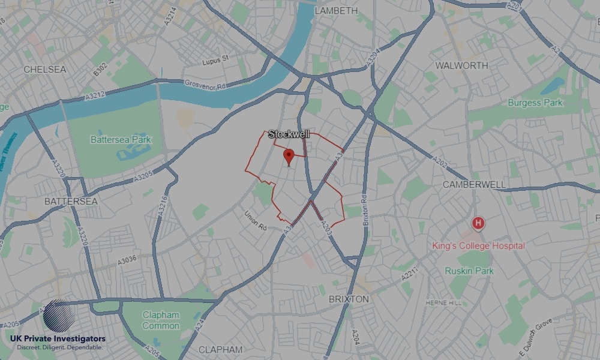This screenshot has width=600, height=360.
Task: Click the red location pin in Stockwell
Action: pos(289,157)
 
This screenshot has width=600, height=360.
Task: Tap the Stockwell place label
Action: pos(289,134)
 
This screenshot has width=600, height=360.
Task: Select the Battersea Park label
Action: pos(121,140)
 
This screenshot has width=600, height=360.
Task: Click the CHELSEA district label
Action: pos(45,70)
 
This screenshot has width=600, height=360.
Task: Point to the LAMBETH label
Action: pos(336,11)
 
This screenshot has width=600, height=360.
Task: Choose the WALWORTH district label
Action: pos(462,65)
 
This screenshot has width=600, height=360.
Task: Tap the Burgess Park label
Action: pos(535,103)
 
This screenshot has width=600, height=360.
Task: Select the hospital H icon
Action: pos(478,224)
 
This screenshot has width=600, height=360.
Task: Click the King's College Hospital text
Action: pos(478,245)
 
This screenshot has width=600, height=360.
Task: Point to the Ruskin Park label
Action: pos(469,271)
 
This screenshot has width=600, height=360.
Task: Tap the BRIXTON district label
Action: pos(349,299)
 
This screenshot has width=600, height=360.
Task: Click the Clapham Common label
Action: pos(161,320)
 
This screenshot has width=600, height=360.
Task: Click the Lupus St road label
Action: pos(216,58)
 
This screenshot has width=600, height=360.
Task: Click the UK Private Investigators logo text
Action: pos(58,339)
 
